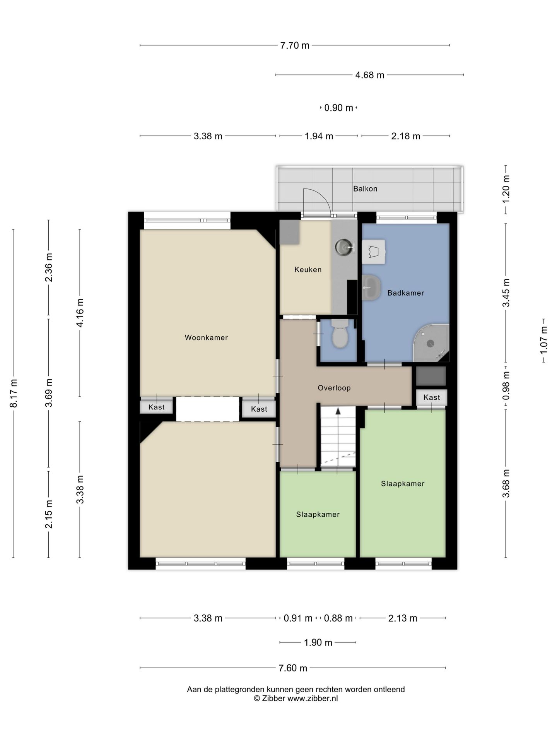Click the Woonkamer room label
click(x=206, y=337)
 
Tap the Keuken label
click(x=308, y=270)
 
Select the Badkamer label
click(x=406, y=293)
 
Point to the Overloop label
click(x=334, y=388)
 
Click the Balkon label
click(x=365, y=189)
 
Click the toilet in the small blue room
click(x=340, y=333)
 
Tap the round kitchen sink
click(x=344, y=247)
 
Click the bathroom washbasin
click(x=371, y=288)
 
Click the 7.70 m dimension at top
click(x=295, y=45)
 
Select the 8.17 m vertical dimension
click(x=14, y=393)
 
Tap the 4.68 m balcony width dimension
click(x=370, y=75)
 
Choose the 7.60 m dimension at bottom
click(x=293, y=668)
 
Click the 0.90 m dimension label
click(x=339, y=108)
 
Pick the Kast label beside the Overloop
click(x=432, y=397)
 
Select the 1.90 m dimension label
click(x=318, y=642)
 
